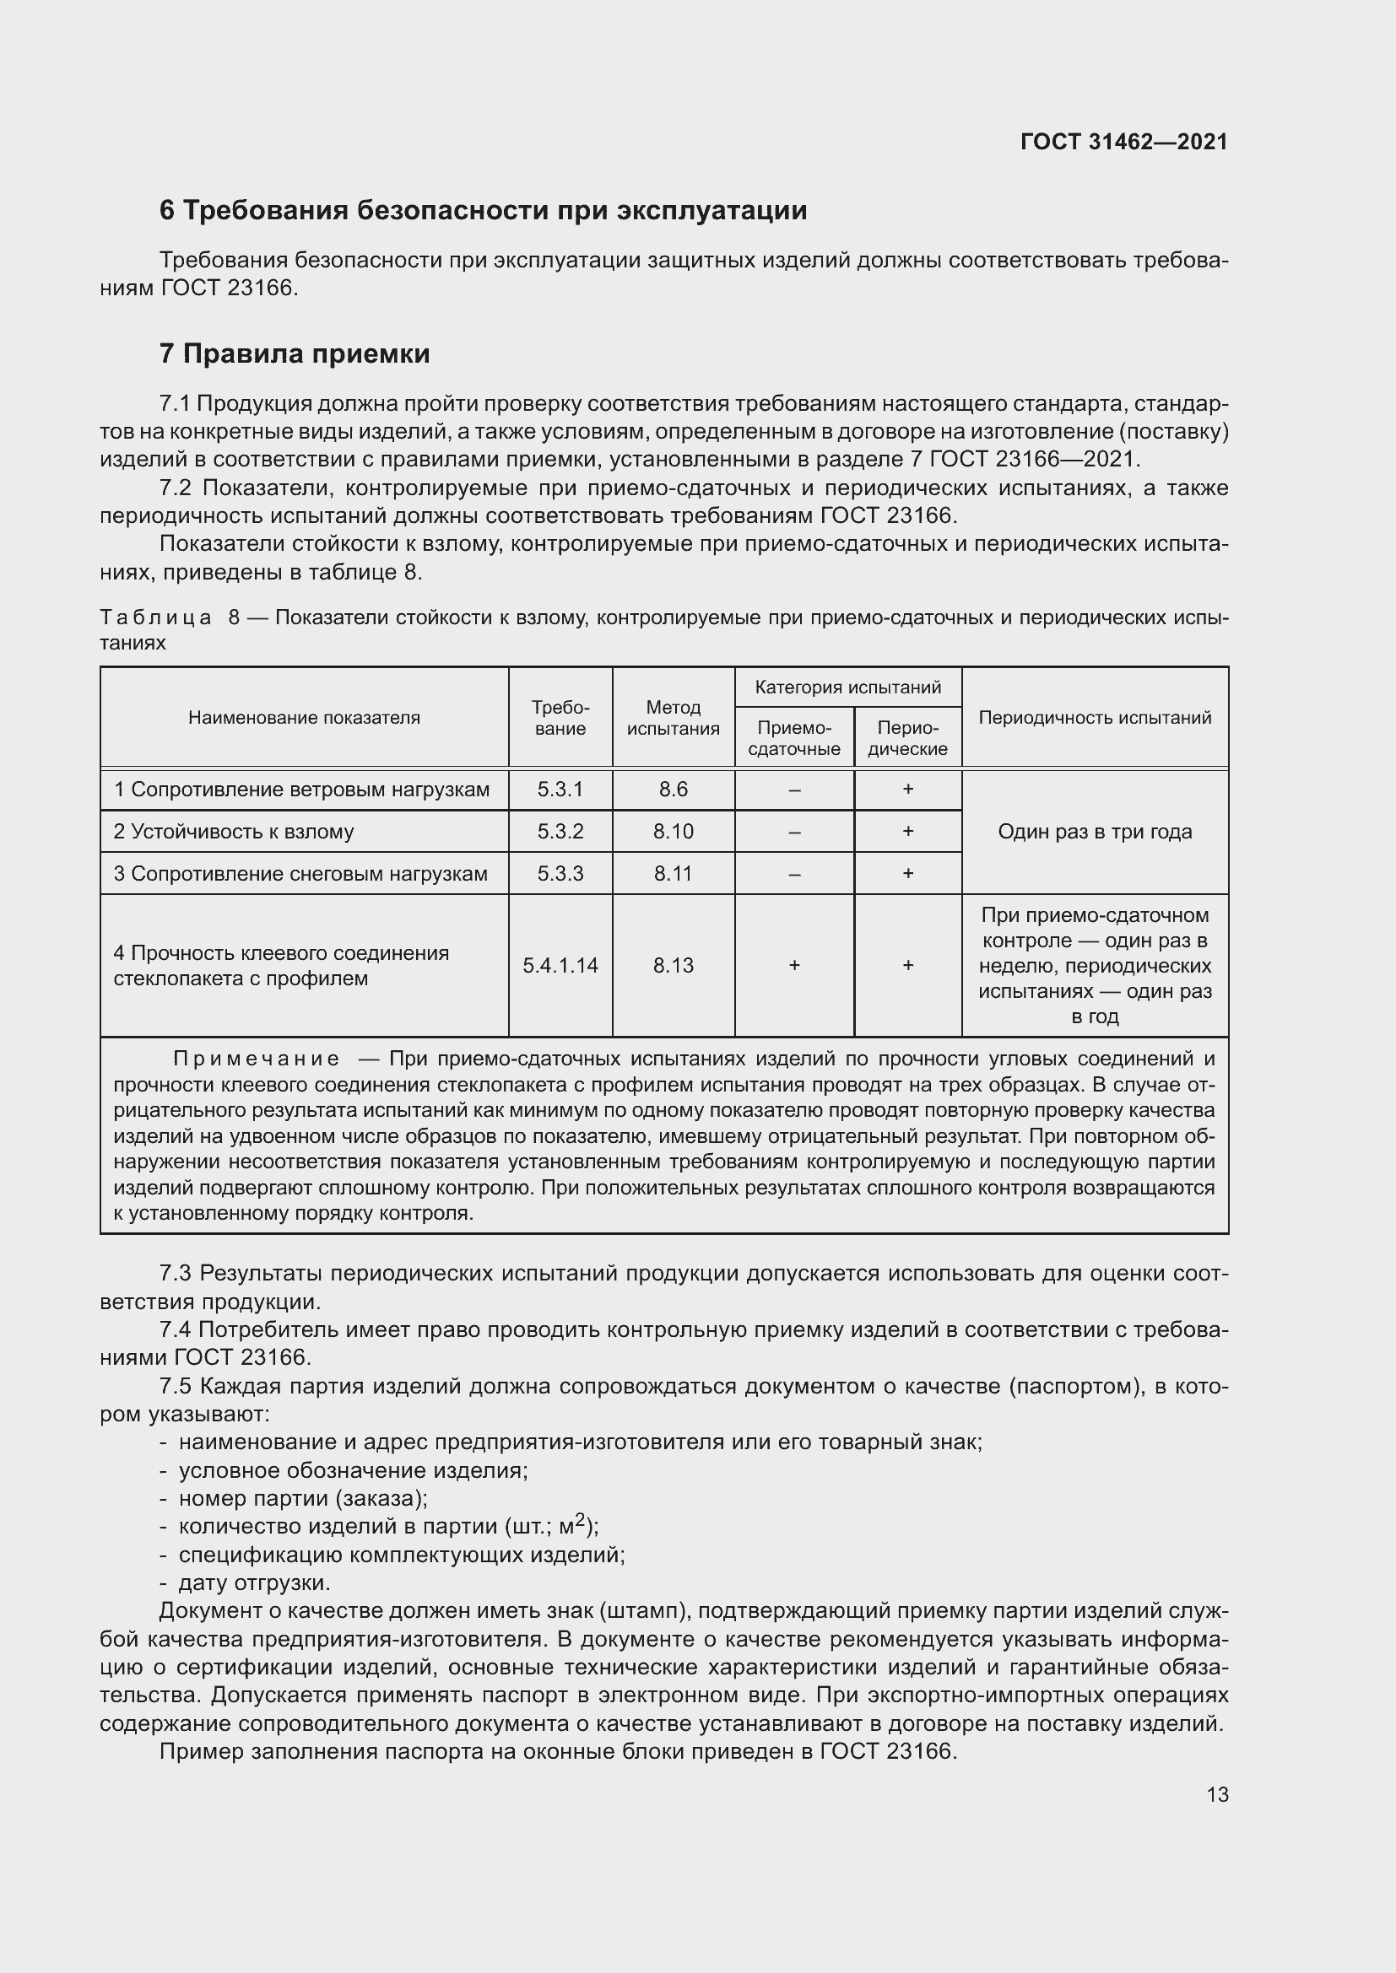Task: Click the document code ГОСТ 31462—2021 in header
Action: (1123, 142)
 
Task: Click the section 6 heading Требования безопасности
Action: (483, 211)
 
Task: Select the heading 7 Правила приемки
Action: (294, 354)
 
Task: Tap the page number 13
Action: (1217, 1794)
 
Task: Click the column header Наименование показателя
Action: (305, 718)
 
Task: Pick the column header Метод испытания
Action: (673, 718)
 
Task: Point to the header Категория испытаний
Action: (847, 687)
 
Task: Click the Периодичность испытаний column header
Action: (1095, 718)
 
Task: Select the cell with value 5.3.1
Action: (560, 789)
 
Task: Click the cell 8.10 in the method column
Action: (673, 832)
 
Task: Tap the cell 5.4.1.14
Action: (560, 965)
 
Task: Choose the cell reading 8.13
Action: (673, 965)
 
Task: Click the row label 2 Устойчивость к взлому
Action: (234, 832)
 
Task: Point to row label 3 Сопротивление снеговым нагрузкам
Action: (300, 874)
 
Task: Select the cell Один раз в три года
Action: (1095, 832)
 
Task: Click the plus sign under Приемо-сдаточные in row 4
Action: (794, 965)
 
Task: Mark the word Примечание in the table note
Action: (257, 1059)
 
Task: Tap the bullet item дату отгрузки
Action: (253, 1582)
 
